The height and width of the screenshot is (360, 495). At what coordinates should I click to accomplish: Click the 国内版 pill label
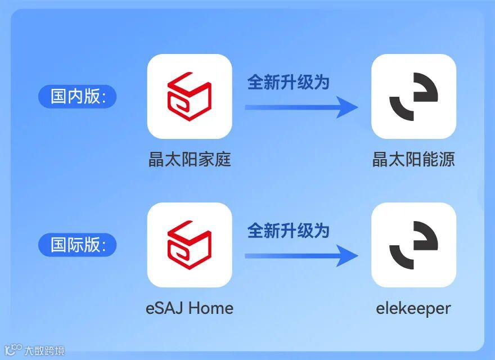click(77, 96)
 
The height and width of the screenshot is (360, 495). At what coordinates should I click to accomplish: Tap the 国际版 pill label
click(77, 245)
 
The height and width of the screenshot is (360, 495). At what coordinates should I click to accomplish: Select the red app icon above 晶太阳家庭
click(190, 96)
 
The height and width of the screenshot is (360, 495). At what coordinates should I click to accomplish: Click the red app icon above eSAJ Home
click(190, 245)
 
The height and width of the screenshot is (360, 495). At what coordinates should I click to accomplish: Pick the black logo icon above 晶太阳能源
click(413, 96)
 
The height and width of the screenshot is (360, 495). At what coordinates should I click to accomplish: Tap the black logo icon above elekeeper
click(413, 245)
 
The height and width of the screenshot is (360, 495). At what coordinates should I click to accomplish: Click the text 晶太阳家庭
click(190, 160)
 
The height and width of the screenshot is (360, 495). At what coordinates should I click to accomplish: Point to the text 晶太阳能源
click(413, 160)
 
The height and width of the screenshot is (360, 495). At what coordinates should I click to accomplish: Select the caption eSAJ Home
click(190, 308)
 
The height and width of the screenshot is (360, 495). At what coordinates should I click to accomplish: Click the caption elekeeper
click(413, 308)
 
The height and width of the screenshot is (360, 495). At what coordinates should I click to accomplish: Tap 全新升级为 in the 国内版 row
click(288, 82)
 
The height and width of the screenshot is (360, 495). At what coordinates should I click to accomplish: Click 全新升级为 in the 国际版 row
click(288, 231)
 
